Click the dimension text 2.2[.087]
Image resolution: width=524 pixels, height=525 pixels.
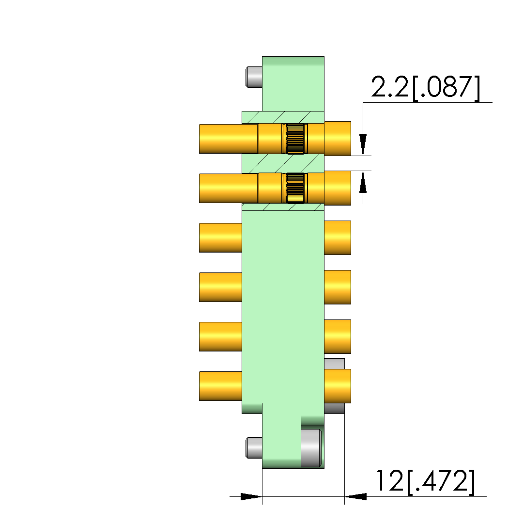click(425, 88)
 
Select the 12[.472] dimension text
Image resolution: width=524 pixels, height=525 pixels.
click(425, 482)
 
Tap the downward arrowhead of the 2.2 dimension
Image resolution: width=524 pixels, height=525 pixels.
click(363, 144)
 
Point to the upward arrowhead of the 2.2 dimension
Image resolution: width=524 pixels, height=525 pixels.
click(363, 182)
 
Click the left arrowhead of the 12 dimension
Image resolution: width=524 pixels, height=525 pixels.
click(251, 496)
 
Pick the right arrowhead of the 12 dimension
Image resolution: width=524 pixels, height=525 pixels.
click(355, 496)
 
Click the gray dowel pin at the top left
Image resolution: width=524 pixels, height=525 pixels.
click(254, 77)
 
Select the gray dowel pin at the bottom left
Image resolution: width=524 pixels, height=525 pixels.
click(254, 447)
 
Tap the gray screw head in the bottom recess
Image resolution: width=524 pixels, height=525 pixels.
click(311, 448)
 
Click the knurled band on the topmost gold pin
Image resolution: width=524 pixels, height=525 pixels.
click(295, 139)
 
